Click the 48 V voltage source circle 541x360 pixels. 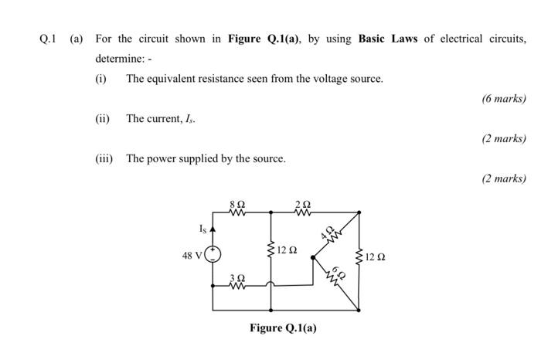tap(214, 254)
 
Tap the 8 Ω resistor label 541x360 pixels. tap(237, 202)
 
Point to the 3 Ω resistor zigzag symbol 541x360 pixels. tap(239, 287)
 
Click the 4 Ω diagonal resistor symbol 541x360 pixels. tap(333, 236)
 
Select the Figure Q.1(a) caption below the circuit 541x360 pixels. tap(283, 328)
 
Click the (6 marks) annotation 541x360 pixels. tap(503, 99)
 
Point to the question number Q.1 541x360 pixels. tap(48, 39)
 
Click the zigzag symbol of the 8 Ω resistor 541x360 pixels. tap(237, 211)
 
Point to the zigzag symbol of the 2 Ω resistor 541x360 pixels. tap(302, 211)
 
